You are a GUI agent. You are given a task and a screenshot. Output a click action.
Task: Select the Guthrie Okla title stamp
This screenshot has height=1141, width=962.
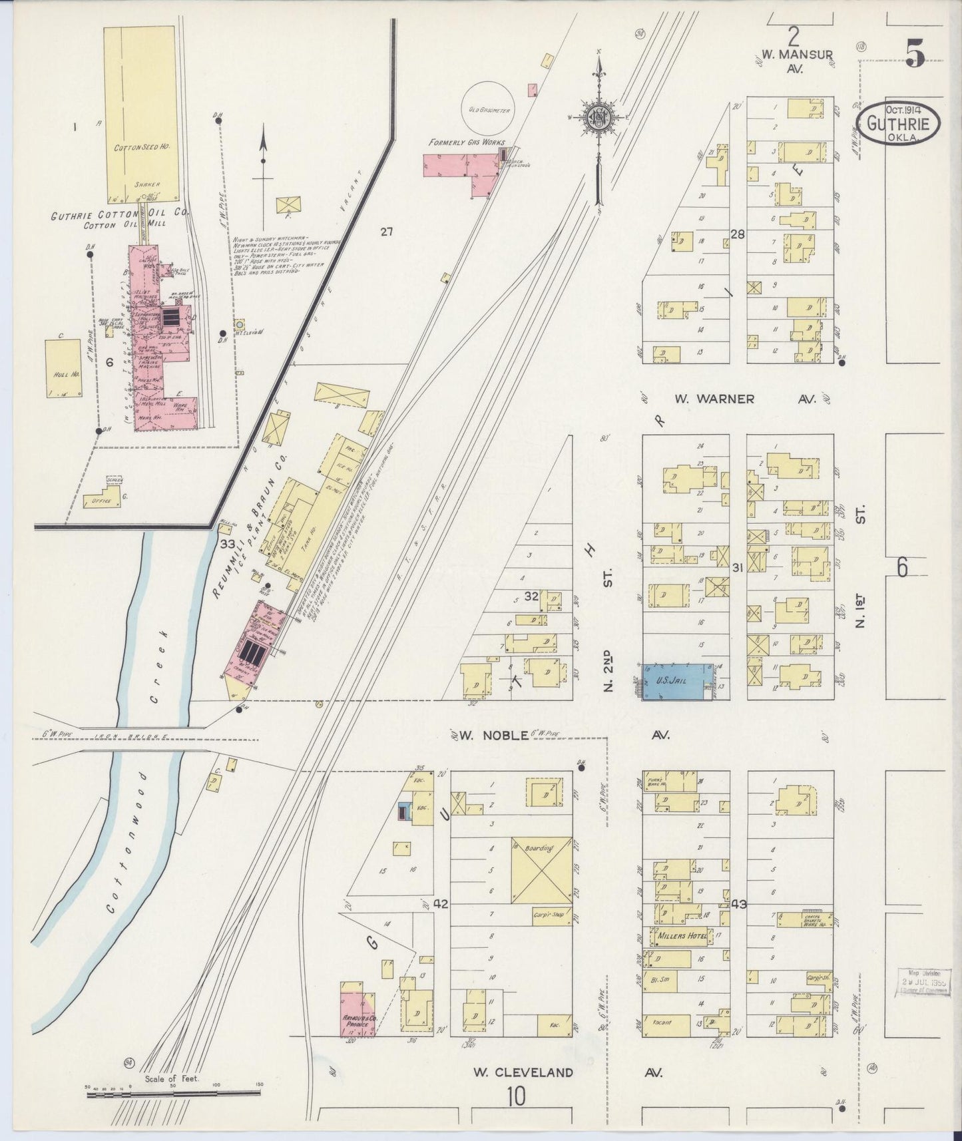[899, 124]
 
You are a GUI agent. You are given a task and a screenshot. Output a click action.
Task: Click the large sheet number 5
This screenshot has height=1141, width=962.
[914, 53]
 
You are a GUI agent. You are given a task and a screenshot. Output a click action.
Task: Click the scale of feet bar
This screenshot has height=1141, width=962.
[173, 1092]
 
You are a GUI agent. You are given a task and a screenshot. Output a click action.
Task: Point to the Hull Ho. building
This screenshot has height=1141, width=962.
[64, 369]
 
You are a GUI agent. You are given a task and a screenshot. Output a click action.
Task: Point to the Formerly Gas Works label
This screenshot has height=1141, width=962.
[466, 142]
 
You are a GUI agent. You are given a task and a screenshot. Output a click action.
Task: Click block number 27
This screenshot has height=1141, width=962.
[387, 232]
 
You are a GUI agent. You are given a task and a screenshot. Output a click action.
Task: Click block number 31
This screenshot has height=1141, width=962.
[737, 567]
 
